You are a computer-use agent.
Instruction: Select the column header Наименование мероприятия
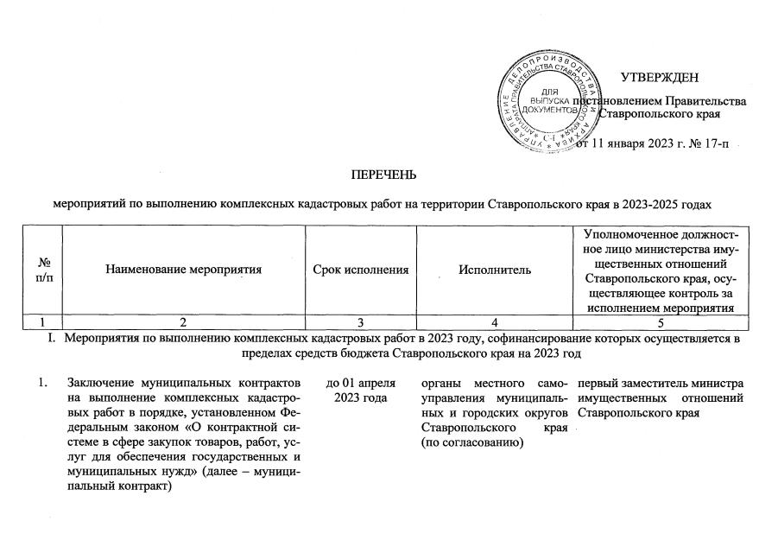click(x=183, y=270)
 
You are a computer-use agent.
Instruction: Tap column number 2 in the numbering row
click(x=183, y=320)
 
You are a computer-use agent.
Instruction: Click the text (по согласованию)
click(x=463, y=443)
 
